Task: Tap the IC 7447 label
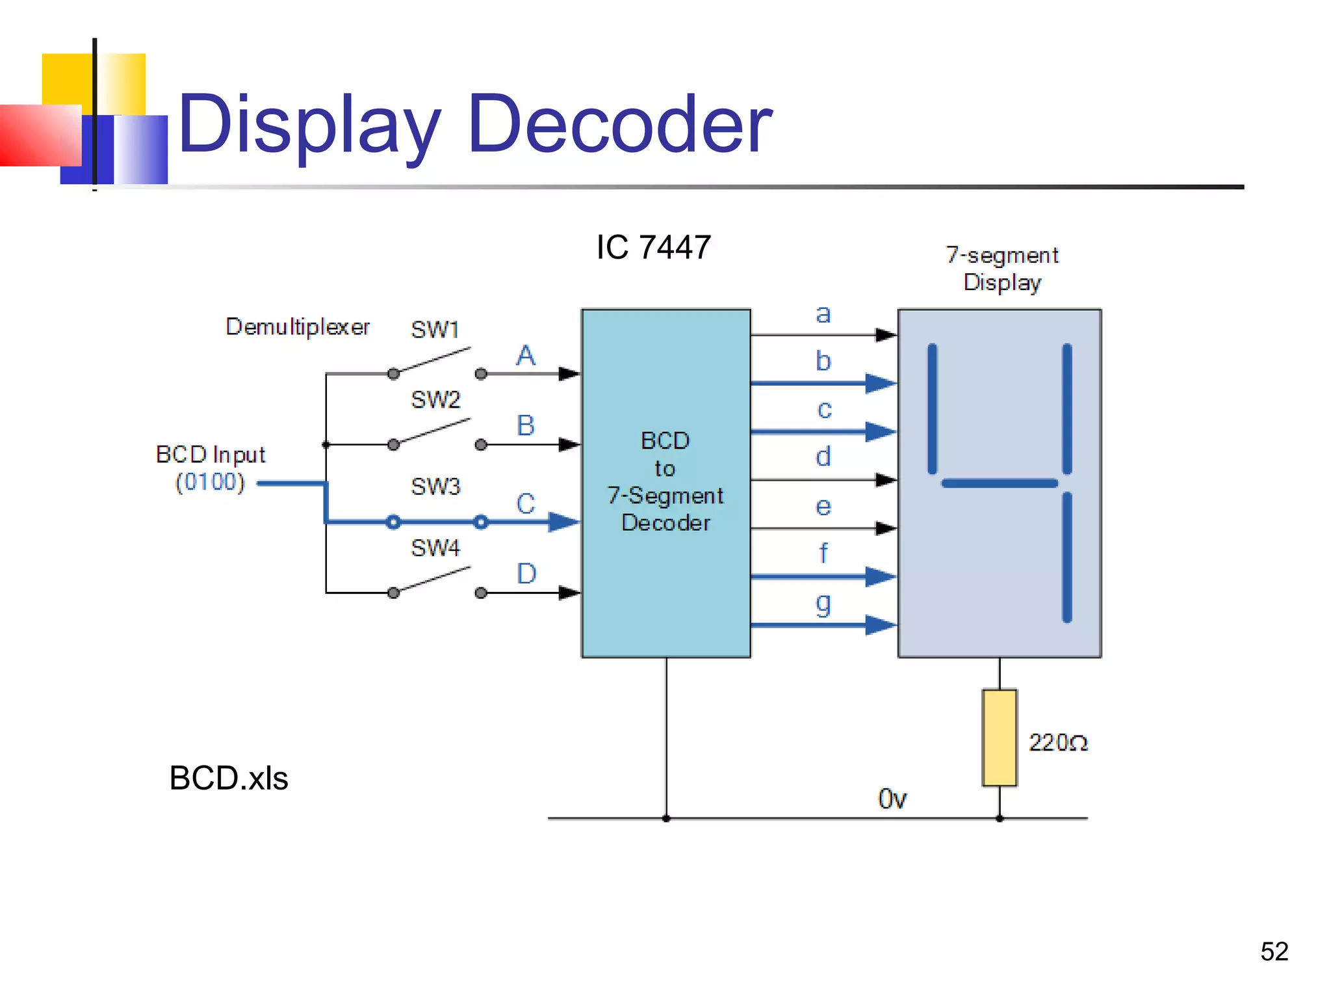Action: [653, 247]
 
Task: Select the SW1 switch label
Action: [435, 330]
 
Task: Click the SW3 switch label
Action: [435, 486]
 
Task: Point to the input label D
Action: [526, 574]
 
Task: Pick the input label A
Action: [526, 356]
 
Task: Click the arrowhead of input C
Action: [563, 522]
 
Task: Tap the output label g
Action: [823, 604]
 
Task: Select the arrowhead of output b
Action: [881, 383]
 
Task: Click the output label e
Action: [823, 507]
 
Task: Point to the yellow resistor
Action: [999, 738]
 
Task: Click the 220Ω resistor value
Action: [1057, 743]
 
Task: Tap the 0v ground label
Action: [892, 799]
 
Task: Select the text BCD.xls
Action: [228, 778]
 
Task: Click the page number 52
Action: [1274, 952]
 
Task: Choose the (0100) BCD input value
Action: [210, 482]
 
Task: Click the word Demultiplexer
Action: [297, 326]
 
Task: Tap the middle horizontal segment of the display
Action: [999, 483]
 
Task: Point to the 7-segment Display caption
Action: [1001, 269]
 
